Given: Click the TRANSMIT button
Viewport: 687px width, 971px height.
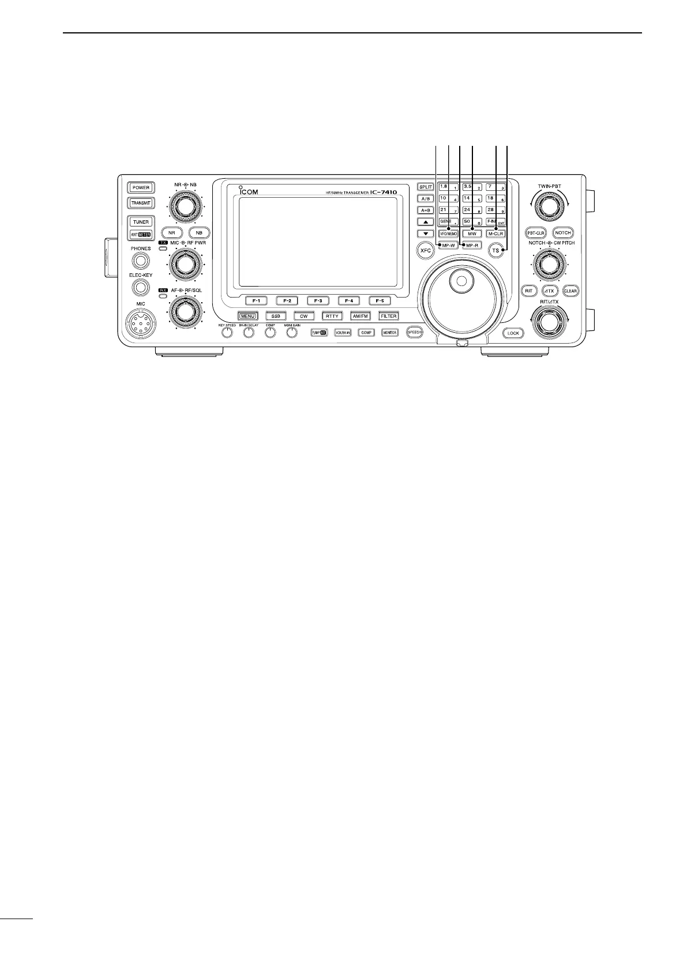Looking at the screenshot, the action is [x=140, y=203].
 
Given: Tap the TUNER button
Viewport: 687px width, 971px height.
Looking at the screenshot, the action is [x=140, y=222].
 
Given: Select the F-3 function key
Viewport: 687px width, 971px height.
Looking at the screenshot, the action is [x=318, y=300].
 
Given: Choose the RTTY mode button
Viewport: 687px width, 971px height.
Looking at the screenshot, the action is [x=332, y=316].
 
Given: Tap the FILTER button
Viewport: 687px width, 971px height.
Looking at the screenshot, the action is [x=388, y=316].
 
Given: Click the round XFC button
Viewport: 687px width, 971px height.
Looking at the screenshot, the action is [x=426, y=250].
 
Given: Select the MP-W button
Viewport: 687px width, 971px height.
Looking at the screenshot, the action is [x=448, y=246].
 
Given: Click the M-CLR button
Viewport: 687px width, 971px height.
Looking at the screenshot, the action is [x=495, y=234].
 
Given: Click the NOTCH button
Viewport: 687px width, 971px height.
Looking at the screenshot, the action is [x=562, y=233].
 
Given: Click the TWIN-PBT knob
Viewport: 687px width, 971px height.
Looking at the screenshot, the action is [x=546, y=204].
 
